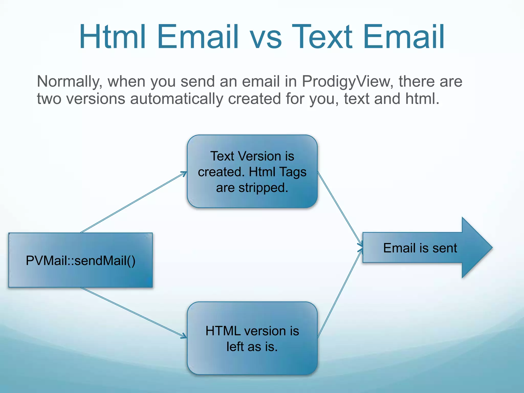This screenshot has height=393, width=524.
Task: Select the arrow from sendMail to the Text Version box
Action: click(x=133, y=202)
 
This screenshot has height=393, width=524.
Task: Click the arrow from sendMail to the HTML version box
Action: click(x=133, y=312)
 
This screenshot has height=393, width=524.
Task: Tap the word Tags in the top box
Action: click(x=293, y=172)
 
